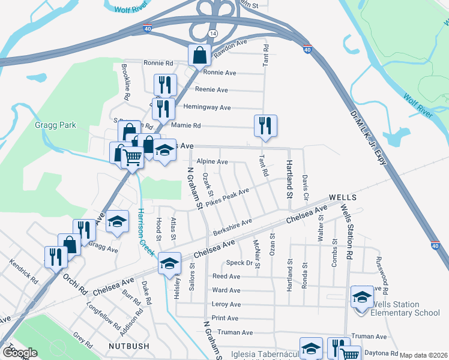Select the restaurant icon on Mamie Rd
coord(265,125)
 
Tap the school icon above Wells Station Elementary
coord(361,296)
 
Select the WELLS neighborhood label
coord(343,197)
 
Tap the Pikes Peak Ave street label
coord(227,198)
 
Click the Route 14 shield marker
coord(209,32)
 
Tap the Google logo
coord(19,353)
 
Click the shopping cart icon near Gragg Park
coord(132,157)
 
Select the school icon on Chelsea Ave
coord(169,262)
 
